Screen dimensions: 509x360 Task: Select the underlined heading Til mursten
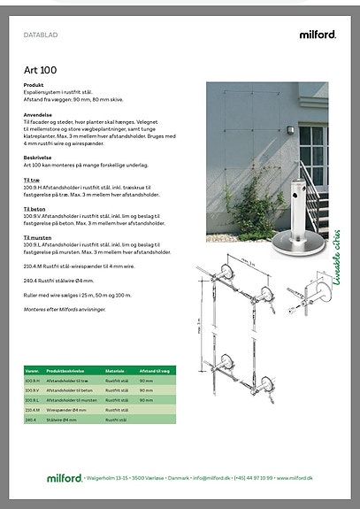(38, 237)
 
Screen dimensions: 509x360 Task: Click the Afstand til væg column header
(154, 372)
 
